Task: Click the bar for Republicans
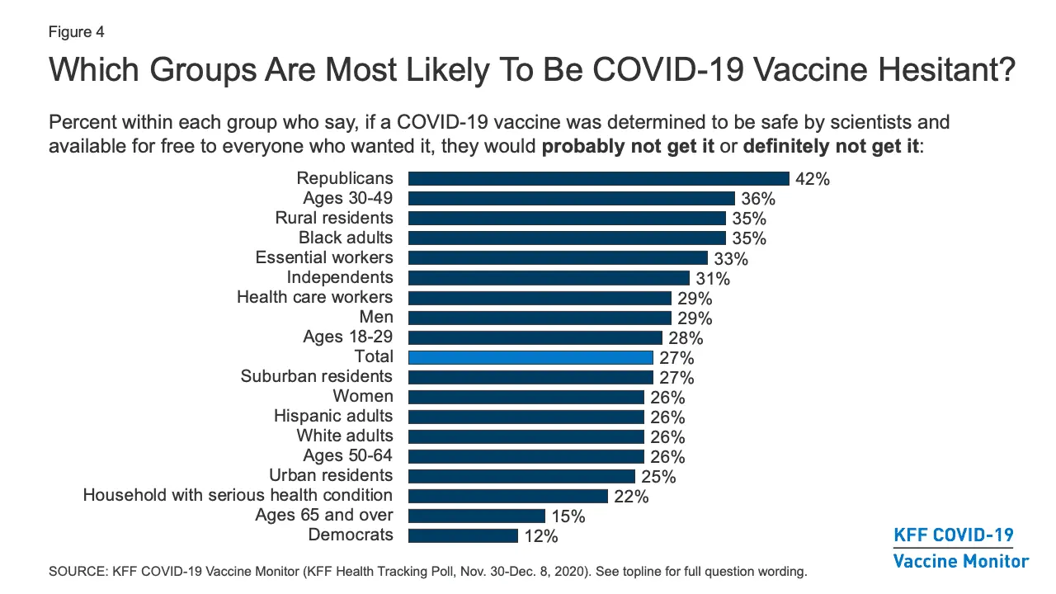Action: (599, 179)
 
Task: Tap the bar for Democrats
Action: (463, 535)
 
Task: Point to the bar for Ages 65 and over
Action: (477, 516)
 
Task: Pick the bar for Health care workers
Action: (540, 298)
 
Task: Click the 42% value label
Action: (813, 179)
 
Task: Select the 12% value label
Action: (541, 536)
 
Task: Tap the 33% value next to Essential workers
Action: (731, 259)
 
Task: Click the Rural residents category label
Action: (334, 218)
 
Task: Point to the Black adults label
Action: (346, 238)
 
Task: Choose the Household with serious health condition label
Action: (238, 495)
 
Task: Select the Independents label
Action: (340, 277)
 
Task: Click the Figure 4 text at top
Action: (77, 32)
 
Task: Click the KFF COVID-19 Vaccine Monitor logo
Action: (961, 548)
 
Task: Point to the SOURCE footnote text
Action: (427, 571)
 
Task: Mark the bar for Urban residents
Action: (521, 476)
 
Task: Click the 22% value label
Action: (631, 497)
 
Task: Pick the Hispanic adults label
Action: (333, 416)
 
